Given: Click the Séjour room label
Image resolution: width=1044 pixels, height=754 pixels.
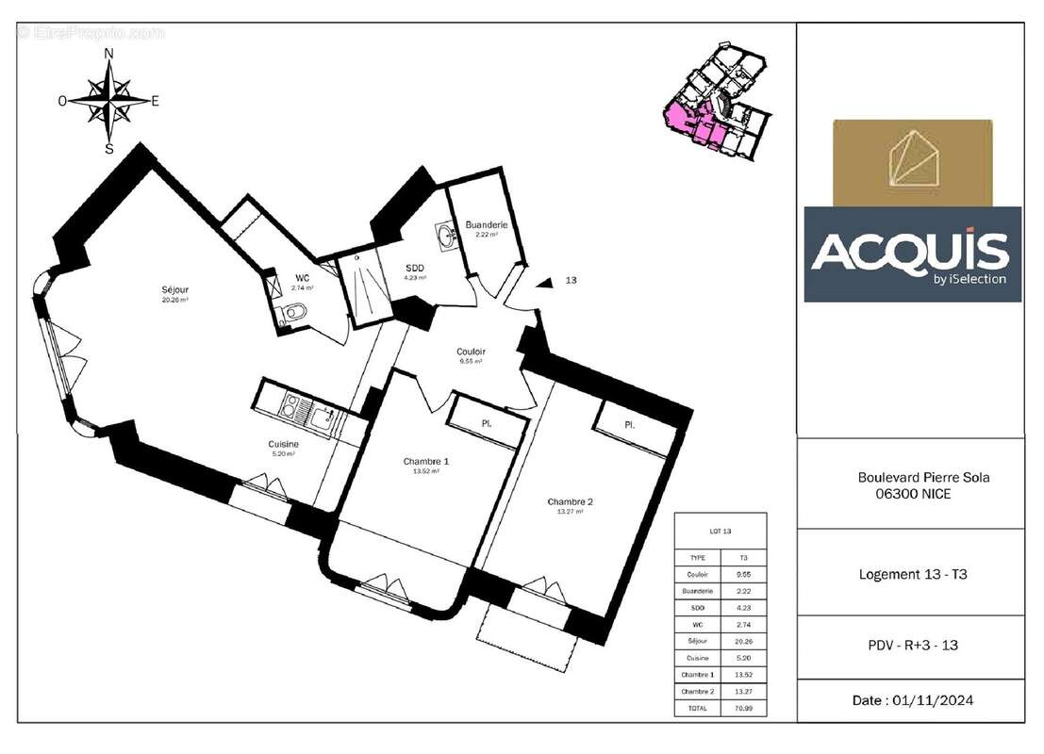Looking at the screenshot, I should (x=174, y=290).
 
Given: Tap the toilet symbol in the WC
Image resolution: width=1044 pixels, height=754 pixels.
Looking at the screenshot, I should (x=297, y=313).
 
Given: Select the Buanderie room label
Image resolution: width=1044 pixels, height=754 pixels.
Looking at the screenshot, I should (x=487, y=225).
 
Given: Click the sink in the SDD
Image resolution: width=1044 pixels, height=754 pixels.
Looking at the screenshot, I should (x=444, y=232).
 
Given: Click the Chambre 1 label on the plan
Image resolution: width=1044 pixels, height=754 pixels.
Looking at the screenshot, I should (x=425, y=461).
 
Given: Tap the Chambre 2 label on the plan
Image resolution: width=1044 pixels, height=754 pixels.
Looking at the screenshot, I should (x=570, y=501).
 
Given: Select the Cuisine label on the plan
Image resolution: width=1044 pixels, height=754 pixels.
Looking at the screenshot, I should (x=283, y=444).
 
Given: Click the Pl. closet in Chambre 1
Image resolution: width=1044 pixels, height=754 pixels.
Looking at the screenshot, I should (x=487, y=423).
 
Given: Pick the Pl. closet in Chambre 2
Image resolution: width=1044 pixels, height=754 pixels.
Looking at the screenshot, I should (x=629, y=425).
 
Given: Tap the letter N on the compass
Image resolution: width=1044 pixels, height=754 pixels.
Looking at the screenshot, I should (x=108, y=54).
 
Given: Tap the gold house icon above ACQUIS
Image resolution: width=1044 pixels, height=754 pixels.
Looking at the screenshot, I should (x=912, y=160).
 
